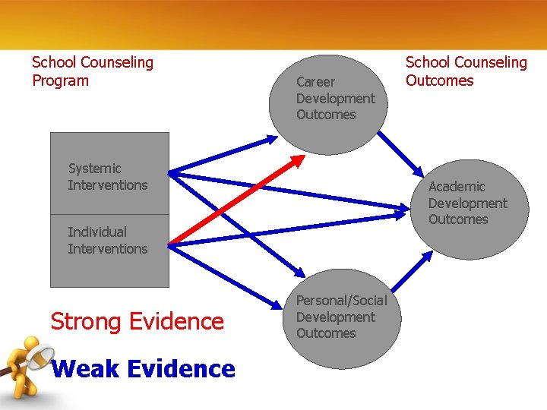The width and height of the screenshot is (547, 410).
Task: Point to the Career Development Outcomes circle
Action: click(328, 99)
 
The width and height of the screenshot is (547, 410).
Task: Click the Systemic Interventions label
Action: click(107, 177)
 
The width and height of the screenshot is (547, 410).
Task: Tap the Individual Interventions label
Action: click(107, 240)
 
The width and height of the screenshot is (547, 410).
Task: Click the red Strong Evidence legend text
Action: click(137, 321)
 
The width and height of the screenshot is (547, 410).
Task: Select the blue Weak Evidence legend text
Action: click(144, 369)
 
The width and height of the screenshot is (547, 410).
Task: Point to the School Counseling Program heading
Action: click(92, 71)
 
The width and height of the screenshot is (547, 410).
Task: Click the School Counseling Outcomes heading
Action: click(466, 71)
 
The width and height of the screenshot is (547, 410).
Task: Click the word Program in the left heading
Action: click(60, 80)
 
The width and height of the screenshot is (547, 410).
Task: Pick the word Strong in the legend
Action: click(85, 321)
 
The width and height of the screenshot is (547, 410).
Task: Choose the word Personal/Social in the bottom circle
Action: click(341, 301)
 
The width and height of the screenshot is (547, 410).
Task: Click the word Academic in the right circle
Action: click(456, 187)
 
